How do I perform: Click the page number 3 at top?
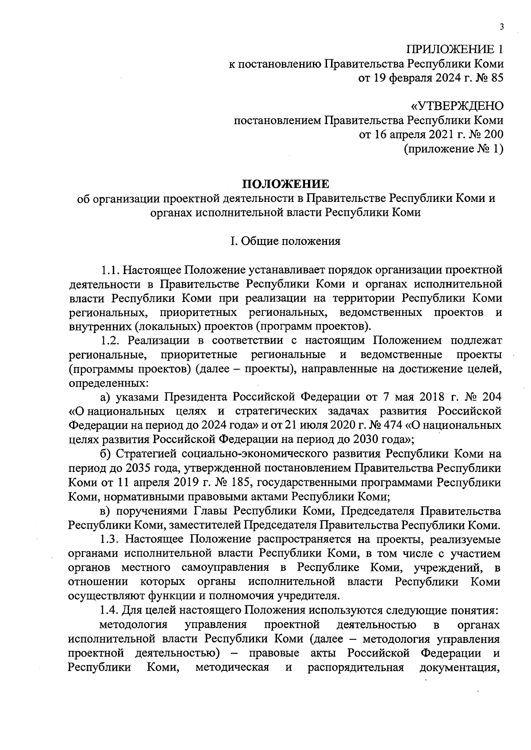501,27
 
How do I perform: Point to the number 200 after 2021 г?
493,135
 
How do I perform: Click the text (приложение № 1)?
454,149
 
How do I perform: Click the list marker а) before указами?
105,397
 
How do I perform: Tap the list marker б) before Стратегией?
105,454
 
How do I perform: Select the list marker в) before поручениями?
105,511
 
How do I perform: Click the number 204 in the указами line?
491,397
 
